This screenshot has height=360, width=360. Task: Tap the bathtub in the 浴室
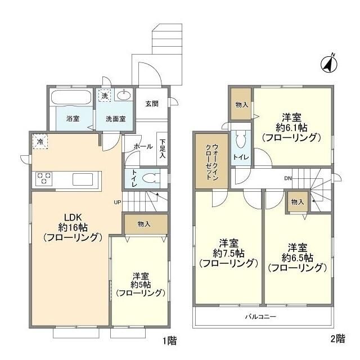click(71, 98)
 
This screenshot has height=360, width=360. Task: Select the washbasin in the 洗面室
click(124, 95)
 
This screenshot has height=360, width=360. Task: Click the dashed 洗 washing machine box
click(105, 95)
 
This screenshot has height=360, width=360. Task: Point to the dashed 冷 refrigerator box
click(40, 141)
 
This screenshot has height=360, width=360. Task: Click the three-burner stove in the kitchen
click(44, 178)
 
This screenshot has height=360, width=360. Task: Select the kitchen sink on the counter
click(83, 179)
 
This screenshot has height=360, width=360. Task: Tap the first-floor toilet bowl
click(151, 178)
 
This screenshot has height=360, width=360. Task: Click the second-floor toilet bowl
click(241, 139)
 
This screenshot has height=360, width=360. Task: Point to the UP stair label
click(118, 202)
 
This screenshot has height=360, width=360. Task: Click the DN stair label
click(288, 178)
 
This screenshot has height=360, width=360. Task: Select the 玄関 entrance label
click(152, 103)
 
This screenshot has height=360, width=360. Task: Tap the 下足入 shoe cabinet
click(162, 148)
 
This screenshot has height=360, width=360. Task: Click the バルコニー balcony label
click(261, 317)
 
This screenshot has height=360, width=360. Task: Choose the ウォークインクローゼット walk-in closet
click(211, 161)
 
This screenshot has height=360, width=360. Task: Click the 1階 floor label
click(170, 340)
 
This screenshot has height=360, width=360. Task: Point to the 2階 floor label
click(338, 339)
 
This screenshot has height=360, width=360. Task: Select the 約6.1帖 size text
click(291, 128)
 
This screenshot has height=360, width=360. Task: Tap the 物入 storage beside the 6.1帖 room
click(241, 104)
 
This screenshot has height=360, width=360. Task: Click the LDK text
click(73, 217)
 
